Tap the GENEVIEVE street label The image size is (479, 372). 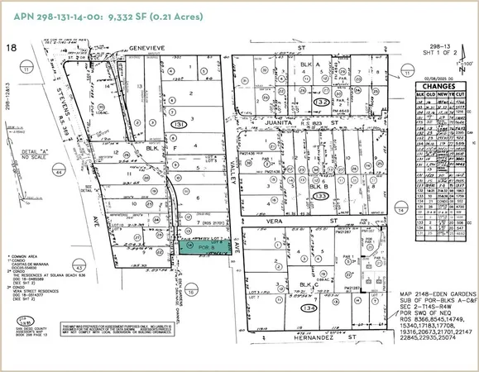[x=148, y=49]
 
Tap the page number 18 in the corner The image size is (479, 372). [x=12, y=50]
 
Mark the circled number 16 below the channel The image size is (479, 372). [x=190, y=292]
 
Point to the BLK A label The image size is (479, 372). [x=309, y=64]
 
